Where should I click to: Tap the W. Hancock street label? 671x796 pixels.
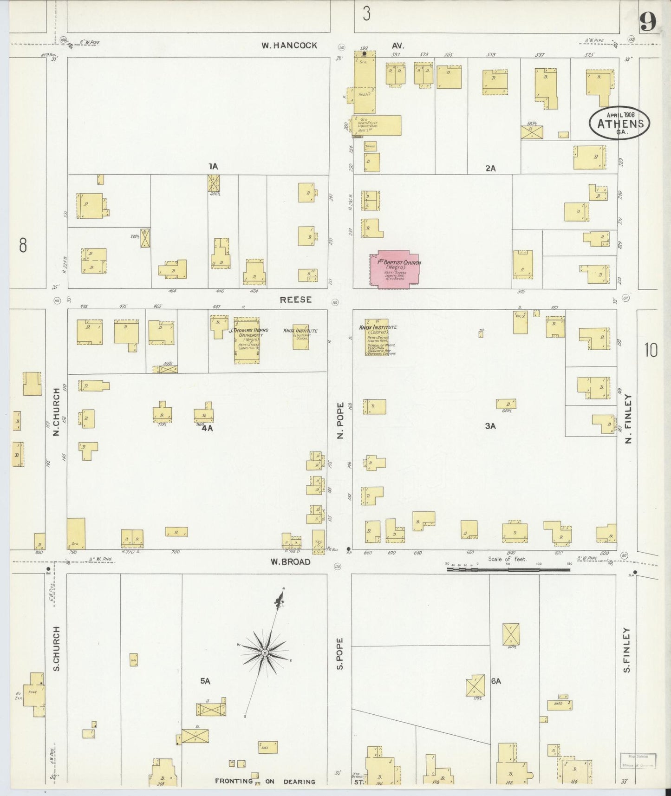pyautogui.click(x=289, y=46)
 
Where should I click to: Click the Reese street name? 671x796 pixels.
pyautogui.click(x=295, y=300)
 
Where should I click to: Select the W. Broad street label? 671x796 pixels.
pyautogui.click(x=291, y=561)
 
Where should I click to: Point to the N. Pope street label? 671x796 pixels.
pyautogui.click(x=340, y=421)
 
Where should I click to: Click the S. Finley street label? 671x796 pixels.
pyautogui.click(x=627, y=650)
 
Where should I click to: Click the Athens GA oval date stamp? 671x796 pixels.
pyautogui.click(x=619, y=123)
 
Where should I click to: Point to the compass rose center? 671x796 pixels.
pyautogui.click(x=264, y=653)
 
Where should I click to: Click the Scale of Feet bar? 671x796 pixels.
pyautogui.click(x=508, y=569)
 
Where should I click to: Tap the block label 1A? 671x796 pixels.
pyautogui.click(x=213, y=166)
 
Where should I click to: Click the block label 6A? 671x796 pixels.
pyautogui.click(x=496, y=681)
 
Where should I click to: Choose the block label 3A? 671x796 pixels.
pyautogui.click(x=490, y=425)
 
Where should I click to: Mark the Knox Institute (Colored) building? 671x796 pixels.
pyautogui.click(x=377, y=337)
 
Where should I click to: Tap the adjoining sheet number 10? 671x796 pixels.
pyautogui.click(x=651, y=350)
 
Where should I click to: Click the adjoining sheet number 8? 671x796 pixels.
pyautogui.click(x=22, y=245)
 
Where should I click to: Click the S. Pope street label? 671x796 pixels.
pyautogui.click(x=340, y=653)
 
